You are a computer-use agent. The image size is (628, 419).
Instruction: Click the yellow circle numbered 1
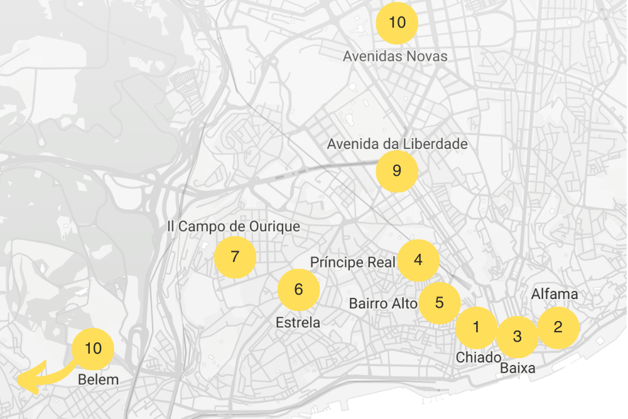pyautogui.click(x=476, y=327)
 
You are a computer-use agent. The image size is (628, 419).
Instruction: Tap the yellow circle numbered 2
pyautogui.click(x=558, y=327)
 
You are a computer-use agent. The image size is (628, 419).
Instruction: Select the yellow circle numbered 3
pyautogui.click(x=517, y=337)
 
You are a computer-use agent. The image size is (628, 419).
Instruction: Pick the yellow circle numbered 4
pyautogui.click(x=418, y=260)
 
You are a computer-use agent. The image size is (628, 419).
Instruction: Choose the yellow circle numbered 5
pyautogui.click(x=440, y=303)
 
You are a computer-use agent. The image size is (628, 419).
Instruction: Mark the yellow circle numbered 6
pyautogui.click(x=299, y=290)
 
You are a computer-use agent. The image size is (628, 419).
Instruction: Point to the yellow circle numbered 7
pyautogui.click(x=235, y=257)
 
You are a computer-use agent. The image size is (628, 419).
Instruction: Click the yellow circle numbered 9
pyautogui.click(x=396, y=171)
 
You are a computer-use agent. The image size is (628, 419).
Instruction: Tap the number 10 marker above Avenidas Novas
pyautogui.click(x=397, y=23)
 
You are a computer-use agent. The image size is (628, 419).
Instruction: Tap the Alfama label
pyautogui.click(x=555, y=294)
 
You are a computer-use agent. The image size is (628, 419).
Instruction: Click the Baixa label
pyautogui.click(x=517, y=369)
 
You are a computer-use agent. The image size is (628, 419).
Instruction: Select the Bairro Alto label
pyautogui.click(x=383, y=304)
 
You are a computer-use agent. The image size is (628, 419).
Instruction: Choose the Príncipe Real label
pyautogui.click(x=353, y=262)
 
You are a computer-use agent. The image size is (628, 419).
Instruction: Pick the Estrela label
pyautogui.click(x=298, y=323)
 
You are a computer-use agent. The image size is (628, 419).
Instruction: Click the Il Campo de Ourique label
pyautogui.click(x=234, y=226)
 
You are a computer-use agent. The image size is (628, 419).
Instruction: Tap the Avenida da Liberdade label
pyautogui.click(x=398, y=144)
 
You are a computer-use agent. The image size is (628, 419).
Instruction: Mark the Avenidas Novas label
pyautogui.click(x=395, y=57)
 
